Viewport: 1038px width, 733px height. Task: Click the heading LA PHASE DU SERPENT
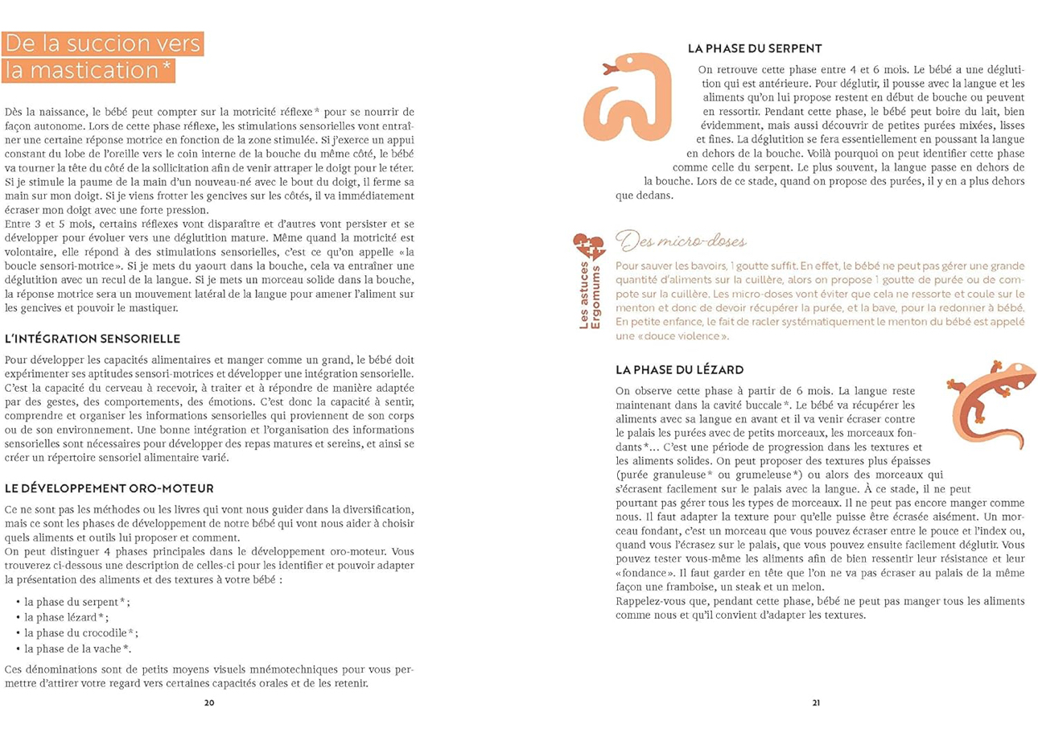click(x=755, y=49)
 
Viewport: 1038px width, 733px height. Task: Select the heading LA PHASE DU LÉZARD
click(x=678, y=369)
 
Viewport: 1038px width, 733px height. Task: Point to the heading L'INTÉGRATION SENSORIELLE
click(x=92, y=338)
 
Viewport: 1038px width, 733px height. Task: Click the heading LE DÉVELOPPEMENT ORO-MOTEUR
click(x=109, y=488)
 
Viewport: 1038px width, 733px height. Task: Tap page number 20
click(x=209, y=702)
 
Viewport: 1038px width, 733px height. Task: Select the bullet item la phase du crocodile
click(x=81, y=632)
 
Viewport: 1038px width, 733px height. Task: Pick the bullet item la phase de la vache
click(x=77, y=648)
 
